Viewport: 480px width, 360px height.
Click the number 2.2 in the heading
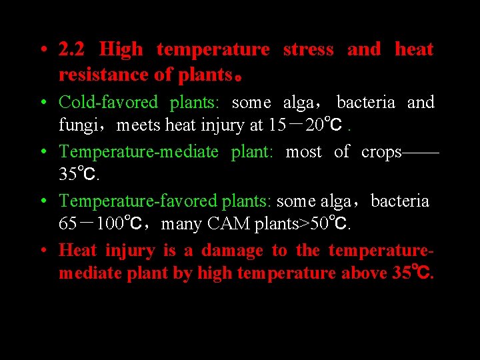(72, 49)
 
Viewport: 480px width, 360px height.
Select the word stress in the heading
(308, 49)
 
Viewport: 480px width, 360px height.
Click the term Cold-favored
(108, 103)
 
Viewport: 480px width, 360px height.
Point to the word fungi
(77, 125)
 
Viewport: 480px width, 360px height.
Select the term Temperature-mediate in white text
(139, 152)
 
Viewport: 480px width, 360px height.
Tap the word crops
(381, 152)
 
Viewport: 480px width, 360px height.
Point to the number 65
(67, 224)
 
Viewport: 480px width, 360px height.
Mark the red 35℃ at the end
(412, 273)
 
